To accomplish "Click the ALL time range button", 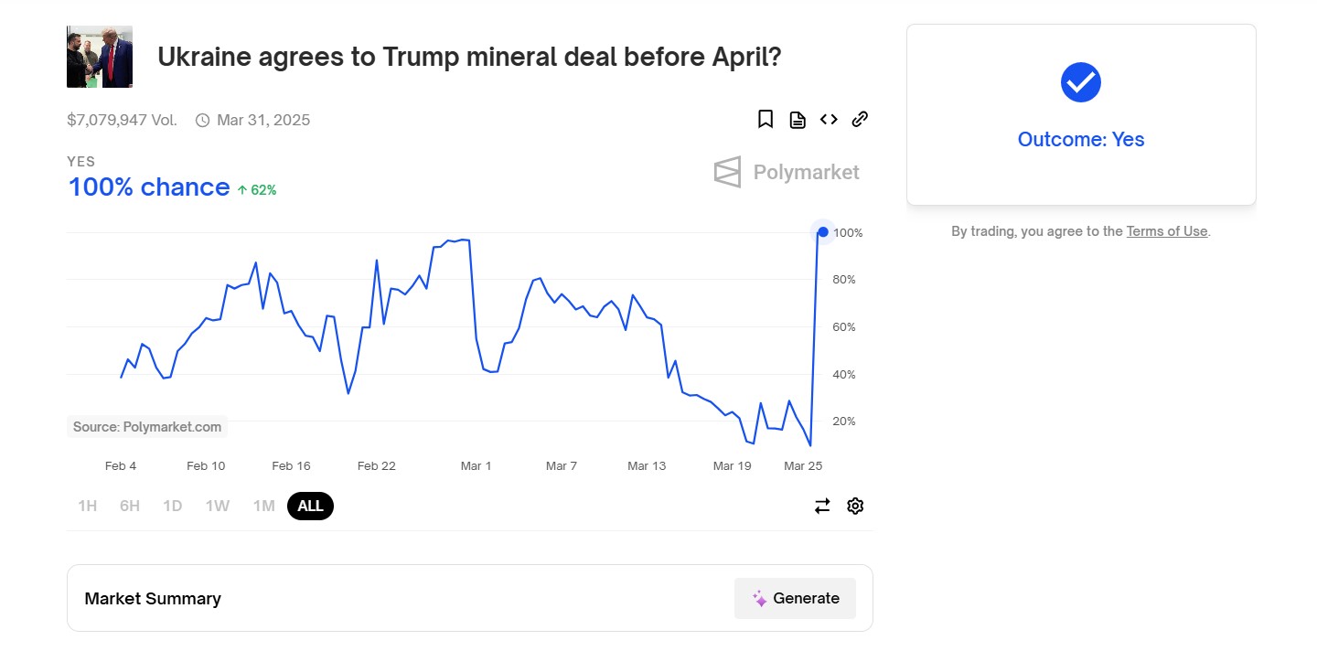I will pyautogui.click(x=310, y=506).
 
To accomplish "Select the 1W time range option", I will pyautogui.click(x=217, y=506).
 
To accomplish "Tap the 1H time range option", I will pyautogui.click(x=87, y=506).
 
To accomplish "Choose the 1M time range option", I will pyautogui.click(x=263, y=506).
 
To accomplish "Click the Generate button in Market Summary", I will pyautogui.click(x=795, y=598).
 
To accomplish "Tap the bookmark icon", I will pyautogui.click(x=766, y=120).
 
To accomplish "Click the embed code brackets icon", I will pyautogui.click(x=829, y=120).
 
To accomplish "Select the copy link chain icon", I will pyautogui.click(x=860, y=120).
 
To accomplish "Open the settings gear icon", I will pyautogui.click(x=855, y=506).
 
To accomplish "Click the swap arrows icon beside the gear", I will pyautogui.click(x=822, y=506).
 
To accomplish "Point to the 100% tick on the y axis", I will pyautogui.click(x=847, y=233).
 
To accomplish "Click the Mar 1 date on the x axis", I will pyautogui.click(x=476, y=466).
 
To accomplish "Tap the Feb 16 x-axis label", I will pyautogui.click(x=291, y=466).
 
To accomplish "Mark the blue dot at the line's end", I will pyautogui.click(x=823, y=232).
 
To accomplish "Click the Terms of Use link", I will pyautogui.click(x=1167, y=231).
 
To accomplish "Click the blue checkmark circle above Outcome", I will pyautogui.click(x=1080, y=82).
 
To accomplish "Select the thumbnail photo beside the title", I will pyautogui.click(x=100, y=57).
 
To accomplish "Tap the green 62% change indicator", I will pyautogui.click(x=257, y=190).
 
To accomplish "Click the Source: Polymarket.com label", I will pyautogui.click(x=147, y=427).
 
